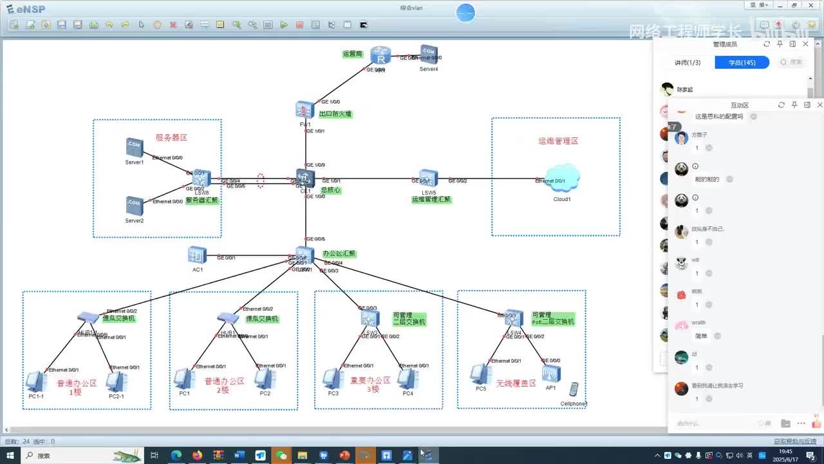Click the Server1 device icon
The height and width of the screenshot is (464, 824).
pos(134,148)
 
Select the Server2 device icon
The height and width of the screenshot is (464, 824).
pos(134,206)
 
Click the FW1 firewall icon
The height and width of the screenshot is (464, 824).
pos(304,110)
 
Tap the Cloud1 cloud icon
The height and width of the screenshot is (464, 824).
pos(562,179)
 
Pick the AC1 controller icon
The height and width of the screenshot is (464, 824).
pos(197,255)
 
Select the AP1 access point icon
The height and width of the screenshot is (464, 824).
pos(551,374)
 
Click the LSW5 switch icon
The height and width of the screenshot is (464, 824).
pos(428,179)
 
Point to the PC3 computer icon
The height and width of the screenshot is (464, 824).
pos(333,378)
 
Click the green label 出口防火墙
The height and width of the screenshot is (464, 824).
pos(335,114)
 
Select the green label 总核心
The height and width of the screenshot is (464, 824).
pos(331,191)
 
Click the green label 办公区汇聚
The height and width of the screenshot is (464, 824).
pos(339,254)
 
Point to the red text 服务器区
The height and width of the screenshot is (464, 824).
pos(171,138)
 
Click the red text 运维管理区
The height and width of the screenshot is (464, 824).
pos(558,140)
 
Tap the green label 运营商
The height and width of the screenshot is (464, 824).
pos(352,54)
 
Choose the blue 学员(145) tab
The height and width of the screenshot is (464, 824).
pos(742,63)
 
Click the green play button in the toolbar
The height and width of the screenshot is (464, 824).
pos(284,25)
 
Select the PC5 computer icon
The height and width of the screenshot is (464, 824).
pos(480,374)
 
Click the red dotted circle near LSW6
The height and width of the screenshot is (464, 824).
pos(261,180)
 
